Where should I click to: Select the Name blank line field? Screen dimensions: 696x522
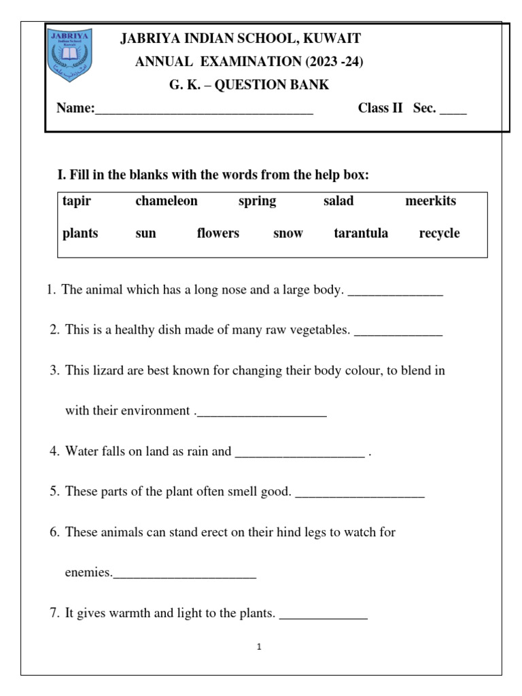point(204,109)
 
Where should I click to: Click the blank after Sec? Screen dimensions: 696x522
point(453,109)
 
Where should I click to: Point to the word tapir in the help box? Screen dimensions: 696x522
point(76,201)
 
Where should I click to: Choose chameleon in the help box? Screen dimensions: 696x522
point(166,201)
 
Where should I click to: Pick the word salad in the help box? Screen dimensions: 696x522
point(338,201)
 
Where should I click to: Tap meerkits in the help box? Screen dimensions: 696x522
point(430,201)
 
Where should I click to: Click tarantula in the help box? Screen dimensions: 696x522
point(361,234)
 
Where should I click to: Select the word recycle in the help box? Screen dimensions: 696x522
point(439,234)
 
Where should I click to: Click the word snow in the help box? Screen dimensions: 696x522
point(288,234)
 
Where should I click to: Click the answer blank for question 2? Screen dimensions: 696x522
point(398,332)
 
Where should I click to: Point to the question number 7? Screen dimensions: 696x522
point(54,614)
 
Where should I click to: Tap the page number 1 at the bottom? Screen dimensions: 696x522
point(260,647)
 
